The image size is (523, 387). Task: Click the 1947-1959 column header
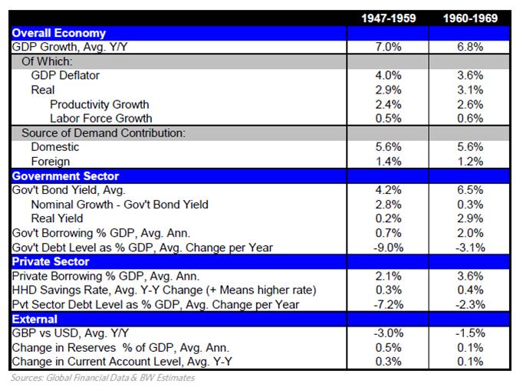pyautogui.click(x=389, y=18)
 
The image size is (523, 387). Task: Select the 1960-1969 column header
pyautogui.click(x=470, y=18)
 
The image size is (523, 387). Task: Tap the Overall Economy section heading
pyautogui.click(x=59, y=33)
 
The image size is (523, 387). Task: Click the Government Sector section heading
pyautogui.click(x=65, y=176)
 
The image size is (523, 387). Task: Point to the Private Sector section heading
pyautogui.click(x=51, y=261)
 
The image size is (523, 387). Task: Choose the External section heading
pyautogui.click(x=35, y=319)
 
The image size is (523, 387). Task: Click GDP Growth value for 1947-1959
pyautogui.click(x=388, y=47)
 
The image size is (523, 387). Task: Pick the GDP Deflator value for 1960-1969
pyautogui.click(x=470, y=75)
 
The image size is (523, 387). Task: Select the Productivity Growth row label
pyautogui.click(x=100, y=104)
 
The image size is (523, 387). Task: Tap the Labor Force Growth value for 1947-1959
pyautogui.click(x=388, y=118)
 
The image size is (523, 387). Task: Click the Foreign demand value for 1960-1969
pyautogui.click(x=470, y=162)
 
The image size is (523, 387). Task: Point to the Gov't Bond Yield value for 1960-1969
pyautogui.click(x=470, y=190)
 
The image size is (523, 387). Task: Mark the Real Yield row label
pyautogui.click(x=57, y=218)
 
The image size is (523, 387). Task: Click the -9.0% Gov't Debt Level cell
pyautogui.click(x=388, y=248)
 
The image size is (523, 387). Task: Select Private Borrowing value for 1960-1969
pyautogui.click(x=470, y=276)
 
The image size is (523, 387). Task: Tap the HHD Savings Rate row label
pyautogui.click(x=164, y=290)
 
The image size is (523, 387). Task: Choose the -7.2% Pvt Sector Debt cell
pyautogui.click(x=388, y=305)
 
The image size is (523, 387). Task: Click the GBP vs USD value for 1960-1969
pyautogui.click(x=470, y=333)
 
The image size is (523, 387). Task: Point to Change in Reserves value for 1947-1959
pyautogui.click(x=388, y=348)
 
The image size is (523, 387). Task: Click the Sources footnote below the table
pyautogui.click(x=103, y=378)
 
